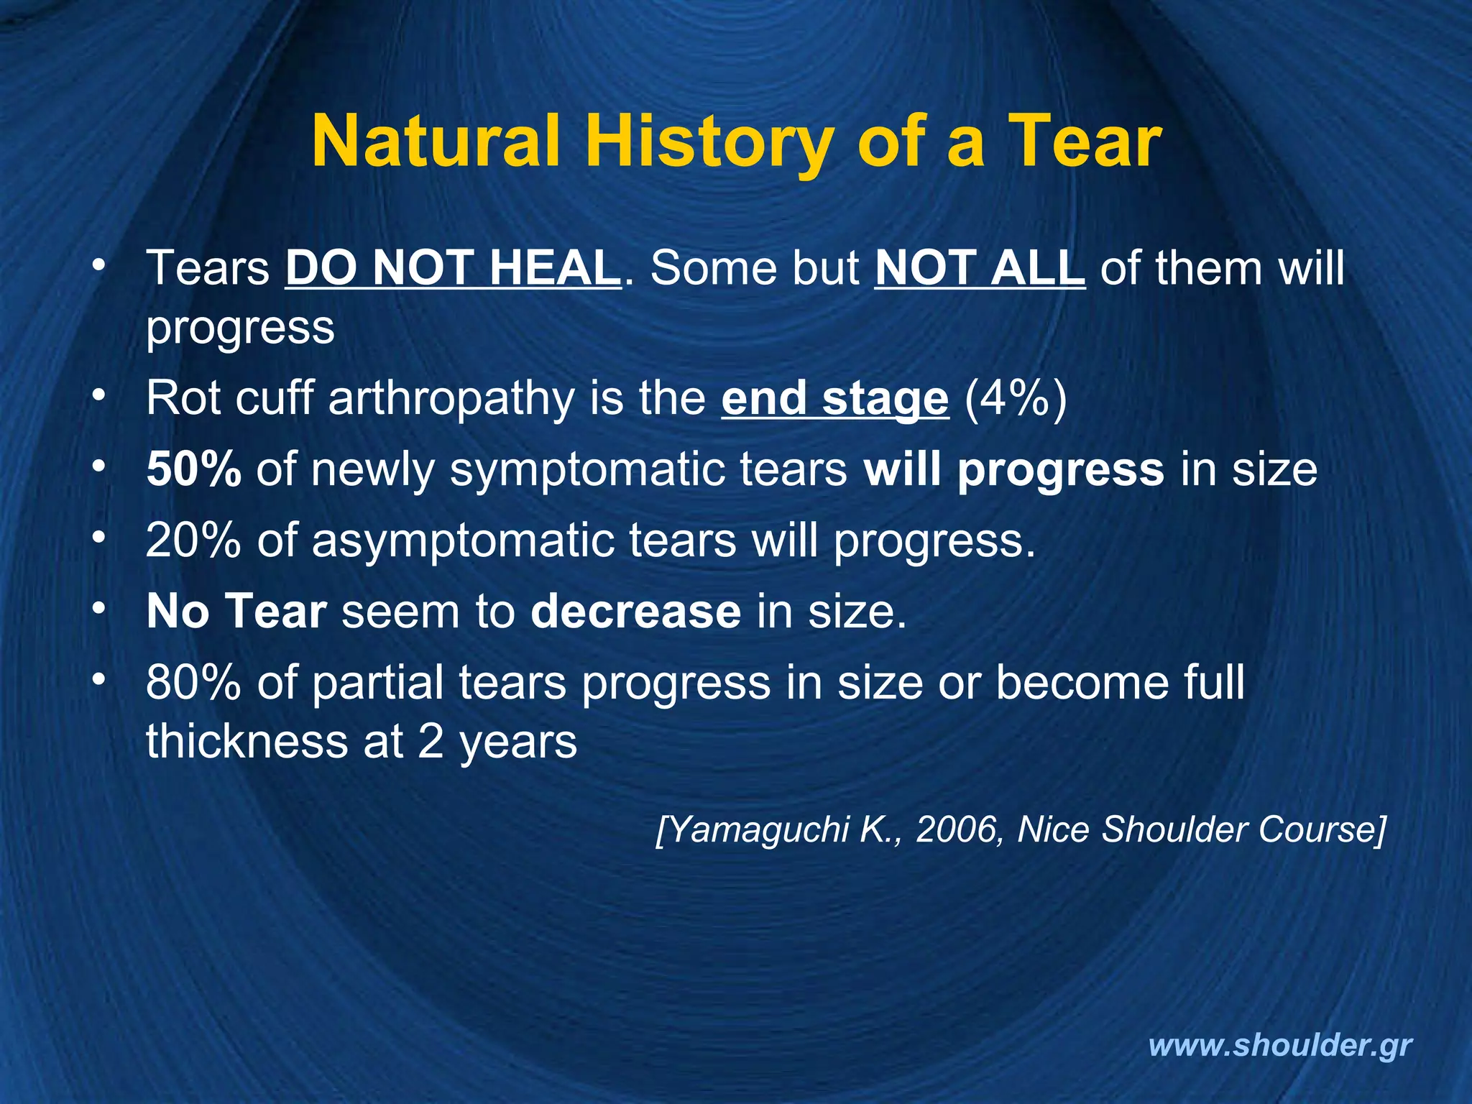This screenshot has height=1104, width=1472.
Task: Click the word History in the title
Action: [708, 142]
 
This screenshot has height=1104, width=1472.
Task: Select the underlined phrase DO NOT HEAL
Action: [453, 268]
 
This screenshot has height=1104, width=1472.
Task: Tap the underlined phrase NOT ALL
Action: [980, 268]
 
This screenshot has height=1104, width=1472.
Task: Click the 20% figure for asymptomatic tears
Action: [193, 540]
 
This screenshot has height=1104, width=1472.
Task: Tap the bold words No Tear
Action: [236, 612]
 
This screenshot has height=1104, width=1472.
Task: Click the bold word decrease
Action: [635, 612]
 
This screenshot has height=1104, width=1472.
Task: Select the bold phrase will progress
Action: [1013, 471]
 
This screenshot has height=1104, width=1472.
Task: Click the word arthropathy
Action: [451, 400]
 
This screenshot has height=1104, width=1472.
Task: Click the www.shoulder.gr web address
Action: [1280, 1045]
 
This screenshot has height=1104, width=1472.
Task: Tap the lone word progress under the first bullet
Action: [240, 328]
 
